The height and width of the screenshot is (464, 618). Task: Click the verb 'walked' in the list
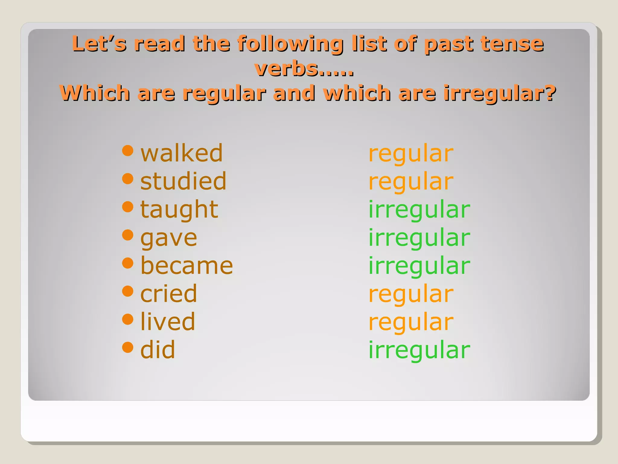(181, 153)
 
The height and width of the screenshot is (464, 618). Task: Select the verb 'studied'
(183, 181)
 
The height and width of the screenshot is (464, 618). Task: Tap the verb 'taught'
(179, 209)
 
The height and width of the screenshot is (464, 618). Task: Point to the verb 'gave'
(169, 238)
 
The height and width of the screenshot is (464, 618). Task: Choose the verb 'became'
(186, 266)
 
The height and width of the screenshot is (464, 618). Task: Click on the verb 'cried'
(168, 294)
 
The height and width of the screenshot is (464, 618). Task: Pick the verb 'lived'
(168, 322)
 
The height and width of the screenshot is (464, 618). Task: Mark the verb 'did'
(158, 350)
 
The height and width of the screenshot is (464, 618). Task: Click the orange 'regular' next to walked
(411, 154)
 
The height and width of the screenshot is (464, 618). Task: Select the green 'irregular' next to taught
(419, 210)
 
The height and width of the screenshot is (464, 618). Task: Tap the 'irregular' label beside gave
(419, 238)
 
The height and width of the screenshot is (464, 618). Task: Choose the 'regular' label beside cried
(411, 294)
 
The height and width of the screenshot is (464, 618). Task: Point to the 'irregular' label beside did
(419, 350)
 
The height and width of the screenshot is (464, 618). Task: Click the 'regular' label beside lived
(411, 322)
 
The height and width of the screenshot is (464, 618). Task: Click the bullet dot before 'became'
(128, 263)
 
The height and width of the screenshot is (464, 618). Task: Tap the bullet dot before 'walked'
(128, 150)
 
